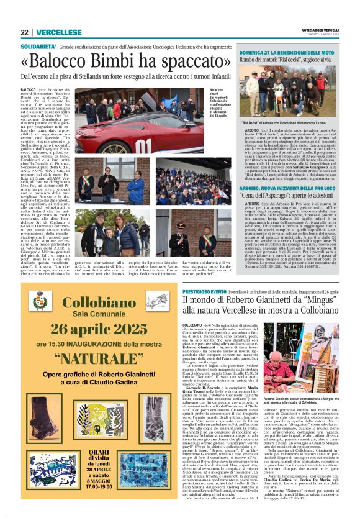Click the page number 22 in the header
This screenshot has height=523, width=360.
point(24,32)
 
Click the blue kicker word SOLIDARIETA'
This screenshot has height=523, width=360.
point(38,47)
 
